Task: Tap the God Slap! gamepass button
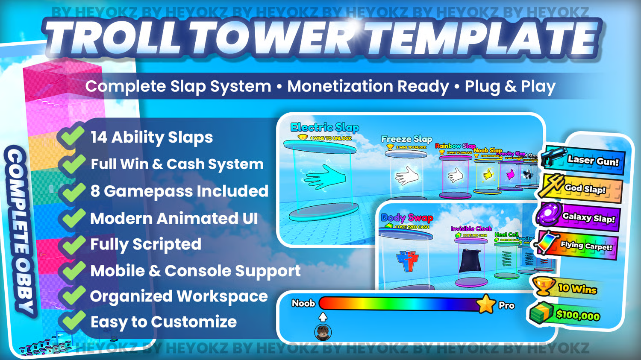581,188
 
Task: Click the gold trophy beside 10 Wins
544,286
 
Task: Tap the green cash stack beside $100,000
541,313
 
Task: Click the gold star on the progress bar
485,304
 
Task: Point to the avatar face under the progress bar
323,332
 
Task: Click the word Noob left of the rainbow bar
303,304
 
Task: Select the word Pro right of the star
506,306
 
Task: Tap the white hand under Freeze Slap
406,176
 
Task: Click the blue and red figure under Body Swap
407,260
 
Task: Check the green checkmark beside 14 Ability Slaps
72,136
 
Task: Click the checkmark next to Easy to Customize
72,321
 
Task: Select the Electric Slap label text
324,127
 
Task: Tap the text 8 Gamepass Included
179,191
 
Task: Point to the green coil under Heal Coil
506,259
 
